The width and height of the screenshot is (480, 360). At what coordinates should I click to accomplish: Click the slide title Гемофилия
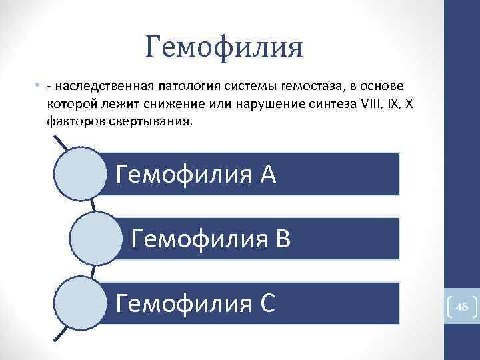click(x=224, y=47)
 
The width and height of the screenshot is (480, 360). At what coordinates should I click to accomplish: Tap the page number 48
click(x=461, y=307)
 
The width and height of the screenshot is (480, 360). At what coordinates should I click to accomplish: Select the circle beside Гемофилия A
click(x=79, y=173)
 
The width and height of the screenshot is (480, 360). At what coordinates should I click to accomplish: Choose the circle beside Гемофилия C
click(x=79, y=303)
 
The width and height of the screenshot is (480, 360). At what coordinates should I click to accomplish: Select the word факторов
click(x=73, y=122)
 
